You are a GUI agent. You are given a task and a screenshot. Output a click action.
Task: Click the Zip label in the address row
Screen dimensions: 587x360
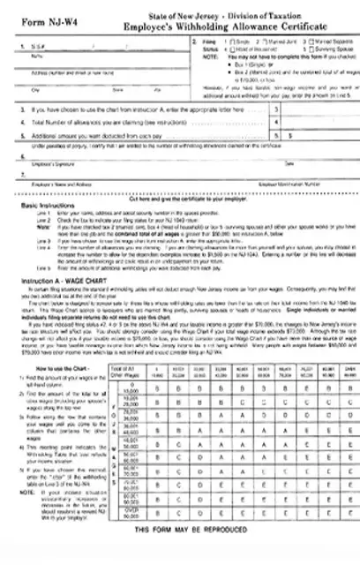pyautogui.click(x=155, y=89)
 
